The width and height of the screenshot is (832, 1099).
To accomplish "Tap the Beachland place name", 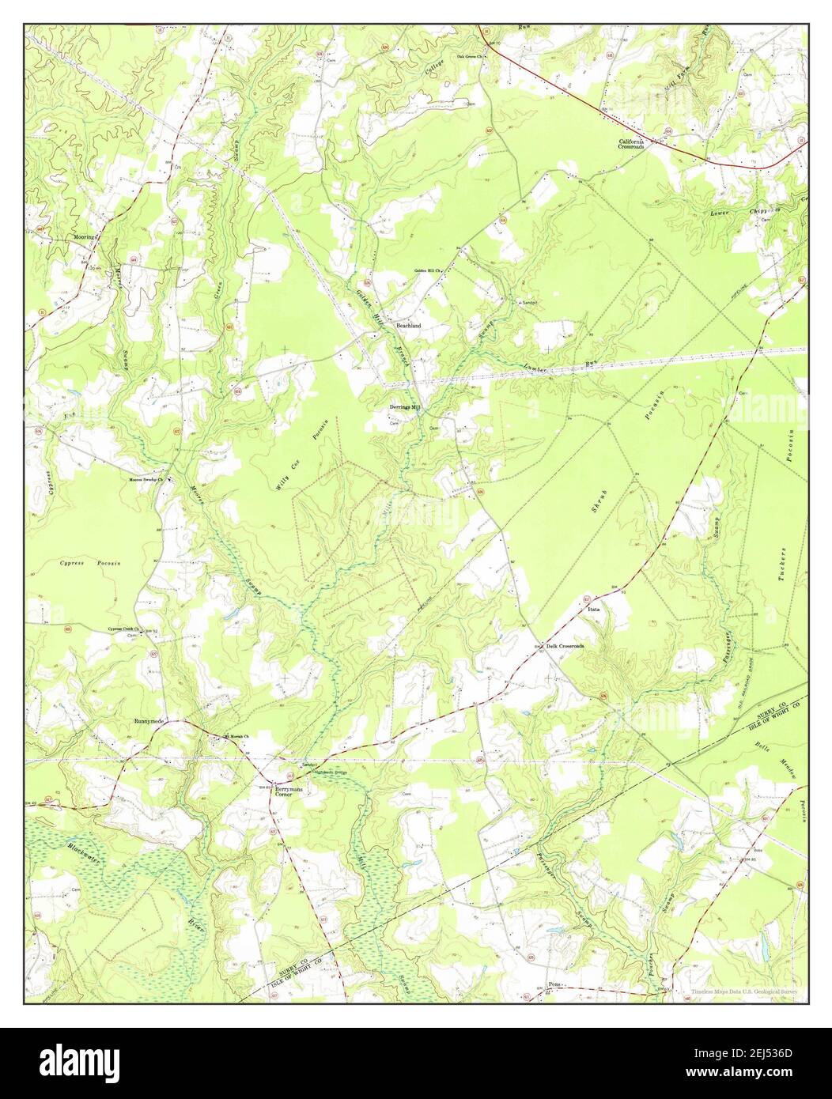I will coord(409,325).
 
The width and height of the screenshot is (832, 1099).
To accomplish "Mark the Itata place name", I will coord(594,610).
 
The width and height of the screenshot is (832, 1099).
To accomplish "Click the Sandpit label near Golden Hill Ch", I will coord(529,303).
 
